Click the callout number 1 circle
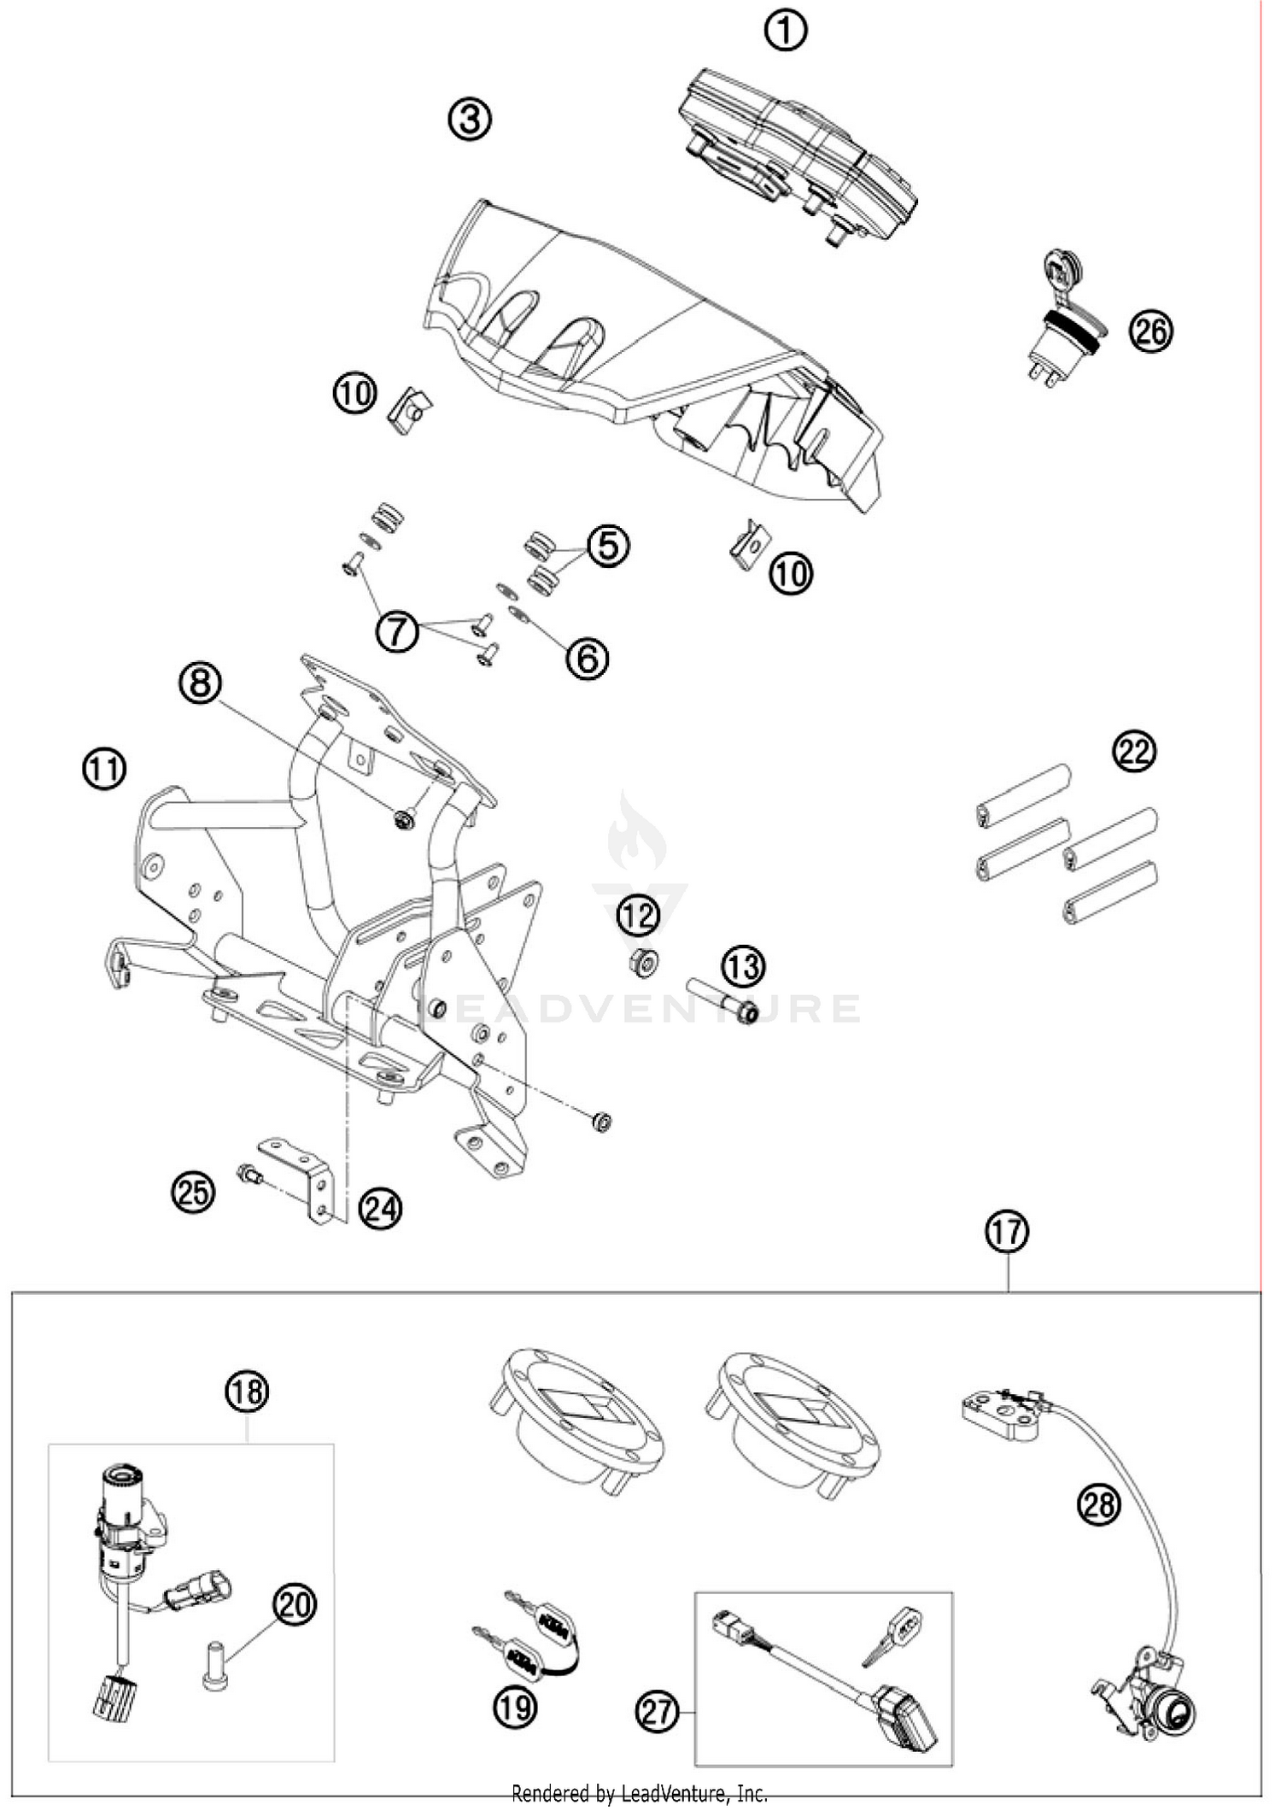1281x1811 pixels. click(785, 32)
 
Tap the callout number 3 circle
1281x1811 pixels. click(470, 119)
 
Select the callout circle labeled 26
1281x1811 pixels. click(1150, 331)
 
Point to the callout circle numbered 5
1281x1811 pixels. click(608, 544)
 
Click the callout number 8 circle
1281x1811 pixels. click(201, 683)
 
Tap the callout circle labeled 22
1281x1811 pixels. click(1134, 751)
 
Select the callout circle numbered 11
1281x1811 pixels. click(104, 769)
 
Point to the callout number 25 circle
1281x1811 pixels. click(193, 1191)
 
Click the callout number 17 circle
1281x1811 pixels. click(1007, 1232)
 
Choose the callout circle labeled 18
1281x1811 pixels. click(247, 1392)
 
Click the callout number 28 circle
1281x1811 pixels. click(1098, 1503)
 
